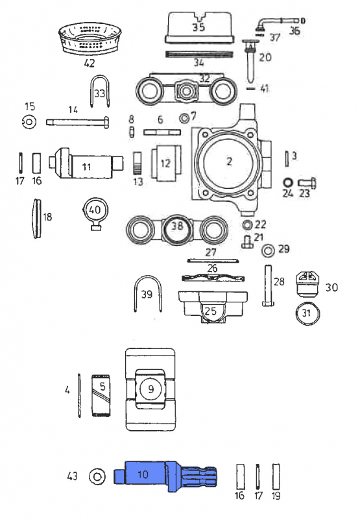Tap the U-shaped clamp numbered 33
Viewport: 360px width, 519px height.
[98, 95]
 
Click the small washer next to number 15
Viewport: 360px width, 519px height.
[29, 121]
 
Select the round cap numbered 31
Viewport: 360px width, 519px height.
[306, 313]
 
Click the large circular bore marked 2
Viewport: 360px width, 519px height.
[228, 162]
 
